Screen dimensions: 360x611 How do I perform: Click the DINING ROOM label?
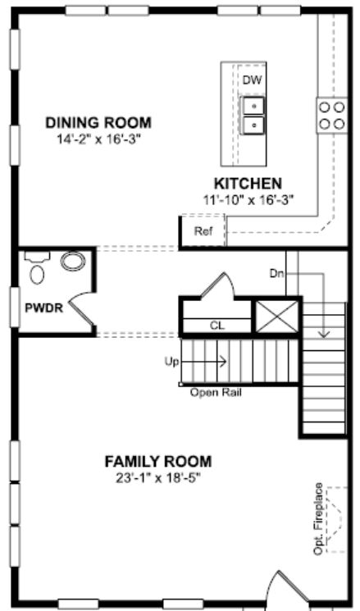coord(98,123)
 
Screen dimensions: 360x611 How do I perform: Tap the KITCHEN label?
coord(248,183)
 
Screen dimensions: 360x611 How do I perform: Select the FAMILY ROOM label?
coord(158,462)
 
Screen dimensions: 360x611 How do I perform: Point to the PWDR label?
coord(43,308)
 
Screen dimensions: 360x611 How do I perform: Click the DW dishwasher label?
coord(252,80)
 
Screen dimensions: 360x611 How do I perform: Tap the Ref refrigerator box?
coord(203,231)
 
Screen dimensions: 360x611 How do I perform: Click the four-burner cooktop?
coord(332,116)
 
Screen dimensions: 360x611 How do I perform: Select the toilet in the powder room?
coord(37,268)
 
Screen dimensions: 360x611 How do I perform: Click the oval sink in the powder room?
coord(73,262)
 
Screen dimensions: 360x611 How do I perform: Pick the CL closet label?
coord(217,326)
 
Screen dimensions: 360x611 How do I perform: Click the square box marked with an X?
coord(277,317)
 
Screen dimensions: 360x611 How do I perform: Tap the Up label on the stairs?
coord(171,362)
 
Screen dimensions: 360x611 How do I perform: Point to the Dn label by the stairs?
coord(276,274)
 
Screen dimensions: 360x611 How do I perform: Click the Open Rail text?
coord(216,392)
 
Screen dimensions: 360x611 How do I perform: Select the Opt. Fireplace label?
coord(318,518)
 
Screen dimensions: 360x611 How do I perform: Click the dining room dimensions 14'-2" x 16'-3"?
coord(98,139)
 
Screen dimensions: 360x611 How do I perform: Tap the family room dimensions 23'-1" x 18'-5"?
coord(158,478)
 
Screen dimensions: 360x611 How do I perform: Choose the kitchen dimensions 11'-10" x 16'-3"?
coord(248,200)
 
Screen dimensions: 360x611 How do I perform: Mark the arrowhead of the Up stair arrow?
coord(223,362)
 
